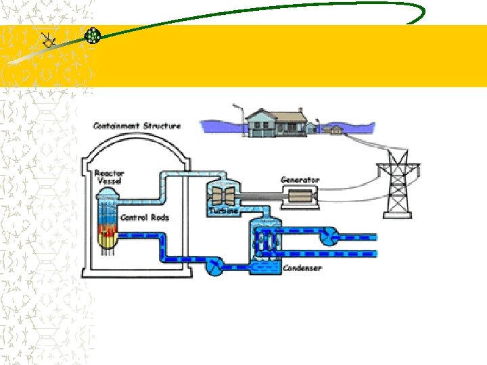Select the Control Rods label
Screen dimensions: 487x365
coord(144,218)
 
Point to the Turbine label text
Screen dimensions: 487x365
coord(223,212)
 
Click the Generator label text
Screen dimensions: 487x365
coord(300,180)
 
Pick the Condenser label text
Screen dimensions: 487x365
coord(302,268)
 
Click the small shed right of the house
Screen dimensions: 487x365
coord(333,128)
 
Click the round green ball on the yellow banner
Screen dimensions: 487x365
coord(93,36)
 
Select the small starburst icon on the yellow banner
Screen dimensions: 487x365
coord(49,41)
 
